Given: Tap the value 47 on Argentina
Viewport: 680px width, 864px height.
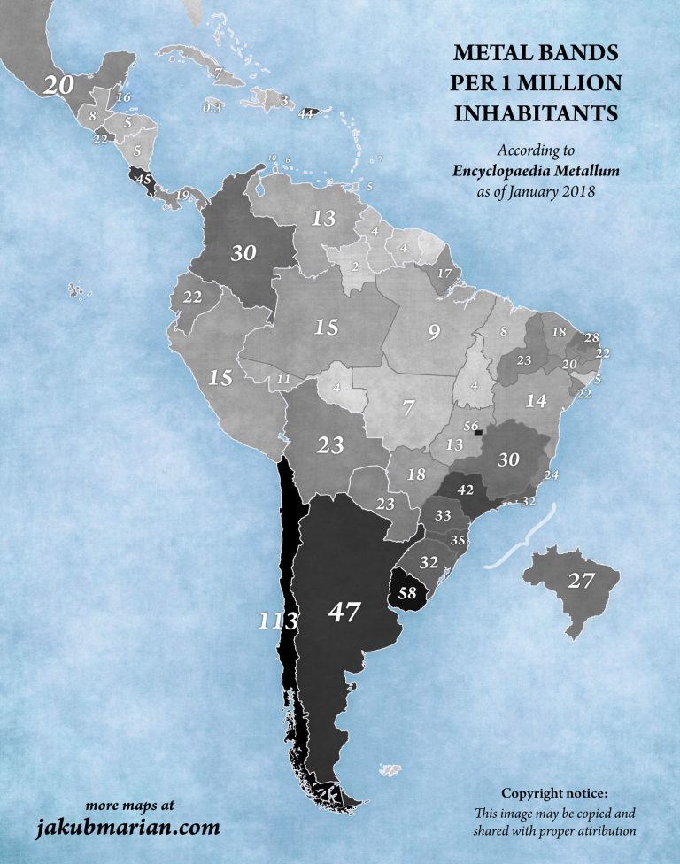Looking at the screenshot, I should [346, 612].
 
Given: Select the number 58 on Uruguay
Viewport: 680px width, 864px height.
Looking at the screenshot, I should [408, 593].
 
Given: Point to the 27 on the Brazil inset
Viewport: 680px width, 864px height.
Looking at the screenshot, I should [580, 582].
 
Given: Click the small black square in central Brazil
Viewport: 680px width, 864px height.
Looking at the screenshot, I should [479, 433].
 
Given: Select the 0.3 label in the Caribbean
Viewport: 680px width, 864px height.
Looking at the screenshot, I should [212, 107].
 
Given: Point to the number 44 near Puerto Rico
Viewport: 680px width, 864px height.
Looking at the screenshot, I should [306, 113].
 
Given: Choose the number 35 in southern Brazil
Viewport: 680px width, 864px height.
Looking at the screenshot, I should [458, 540].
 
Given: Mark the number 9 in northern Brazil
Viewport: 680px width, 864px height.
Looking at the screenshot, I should [434, 334].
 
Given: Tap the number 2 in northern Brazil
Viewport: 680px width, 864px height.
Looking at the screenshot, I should [355, 266].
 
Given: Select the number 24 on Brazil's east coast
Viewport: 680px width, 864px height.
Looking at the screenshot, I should [553, 474].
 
